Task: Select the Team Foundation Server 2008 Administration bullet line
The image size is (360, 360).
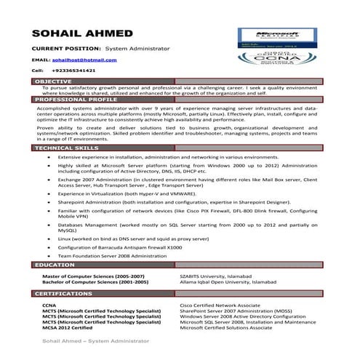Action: point(113,255)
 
